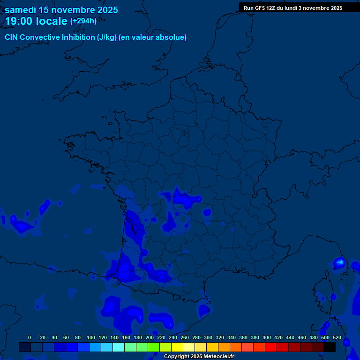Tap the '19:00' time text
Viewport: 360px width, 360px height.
(x=19, y=21)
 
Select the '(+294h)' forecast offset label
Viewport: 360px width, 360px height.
(x=83, y=21)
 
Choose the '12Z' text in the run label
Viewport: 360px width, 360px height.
(x=272, y=8)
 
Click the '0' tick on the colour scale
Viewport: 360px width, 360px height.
(x=30, y=337)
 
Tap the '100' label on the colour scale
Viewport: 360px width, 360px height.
(x=91, y=337)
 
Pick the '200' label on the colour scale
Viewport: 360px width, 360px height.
(x=150, y=337)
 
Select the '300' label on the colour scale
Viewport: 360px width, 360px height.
(x=208, y=337)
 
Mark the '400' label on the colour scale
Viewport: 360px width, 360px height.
(x=267, y=337)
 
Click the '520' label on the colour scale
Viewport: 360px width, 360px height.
(x=337, y=337)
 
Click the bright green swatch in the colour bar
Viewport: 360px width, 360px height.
(x=154, y=347)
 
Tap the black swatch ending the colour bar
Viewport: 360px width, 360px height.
(x=330, y=347)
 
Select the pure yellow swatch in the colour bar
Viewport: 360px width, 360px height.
(x=177, y=347)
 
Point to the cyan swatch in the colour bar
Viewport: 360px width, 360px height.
(x=119, y=347)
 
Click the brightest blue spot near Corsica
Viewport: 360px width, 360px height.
(x=340, y=262)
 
